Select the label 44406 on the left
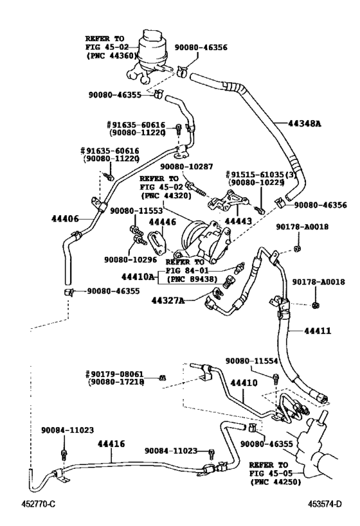point(65,218)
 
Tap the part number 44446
point(162,222)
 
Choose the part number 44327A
point(168,300)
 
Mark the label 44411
point(318,331)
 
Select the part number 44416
point(111,444)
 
